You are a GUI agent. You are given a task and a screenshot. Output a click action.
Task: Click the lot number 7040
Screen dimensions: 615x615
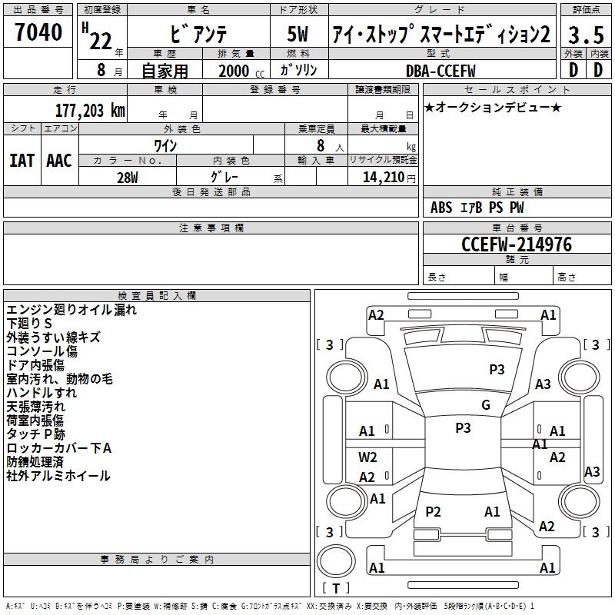pos(38,33)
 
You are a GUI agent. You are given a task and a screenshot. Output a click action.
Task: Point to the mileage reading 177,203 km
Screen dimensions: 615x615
pos(89,110)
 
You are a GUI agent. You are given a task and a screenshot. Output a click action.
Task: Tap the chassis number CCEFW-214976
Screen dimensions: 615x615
pos(517,244)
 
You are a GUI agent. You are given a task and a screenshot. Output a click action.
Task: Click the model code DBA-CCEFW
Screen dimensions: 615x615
pos(440,71)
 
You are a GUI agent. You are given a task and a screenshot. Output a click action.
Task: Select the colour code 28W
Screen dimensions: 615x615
pos(128,176)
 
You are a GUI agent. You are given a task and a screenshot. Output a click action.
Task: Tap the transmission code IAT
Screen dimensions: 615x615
pos(22,161)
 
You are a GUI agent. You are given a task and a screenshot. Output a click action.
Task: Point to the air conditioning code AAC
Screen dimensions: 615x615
pos(59,161)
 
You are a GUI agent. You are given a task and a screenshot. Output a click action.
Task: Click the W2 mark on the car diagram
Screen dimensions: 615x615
pos(367,457)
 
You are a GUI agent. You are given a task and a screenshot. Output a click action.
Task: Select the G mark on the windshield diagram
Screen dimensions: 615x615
pos(486,405)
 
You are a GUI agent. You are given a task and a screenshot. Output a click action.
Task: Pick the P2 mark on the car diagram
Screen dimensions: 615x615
pos(433,512)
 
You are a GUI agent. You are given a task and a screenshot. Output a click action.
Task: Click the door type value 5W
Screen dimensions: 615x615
pos(298,35)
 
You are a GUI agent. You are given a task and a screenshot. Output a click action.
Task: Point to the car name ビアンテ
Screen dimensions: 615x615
pos(198,35)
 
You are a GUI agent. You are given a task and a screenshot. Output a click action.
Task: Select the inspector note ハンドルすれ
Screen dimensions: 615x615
pos(42,392)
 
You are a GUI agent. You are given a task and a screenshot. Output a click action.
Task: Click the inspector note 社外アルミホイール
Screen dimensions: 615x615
pos(58,476)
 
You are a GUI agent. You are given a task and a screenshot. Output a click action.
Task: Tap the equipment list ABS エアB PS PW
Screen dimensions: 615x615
pos(478,208)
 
